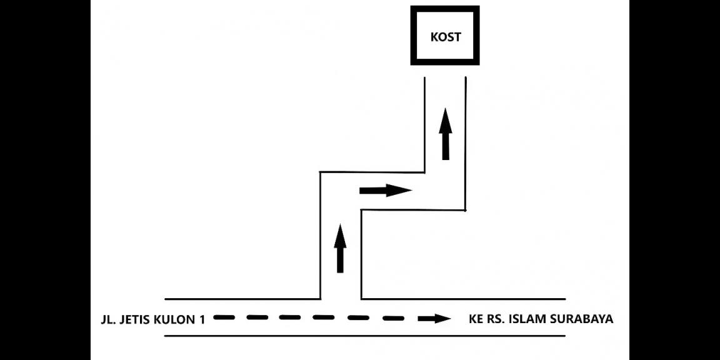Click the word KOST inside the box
(446, 37)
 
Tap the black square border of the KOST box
(414, 36)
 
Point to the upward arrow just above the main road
(340, 249)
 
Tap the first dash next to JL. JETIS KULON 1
(224, 317)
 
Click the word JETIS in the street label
(138, 319)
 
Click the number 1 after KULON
(202, 319)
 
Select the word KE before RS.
(476, 319)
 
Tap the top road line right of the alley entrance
(462, 299)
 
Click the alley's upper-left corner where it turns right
(321, 172)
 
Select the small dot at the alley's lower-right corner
(466, 210)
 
